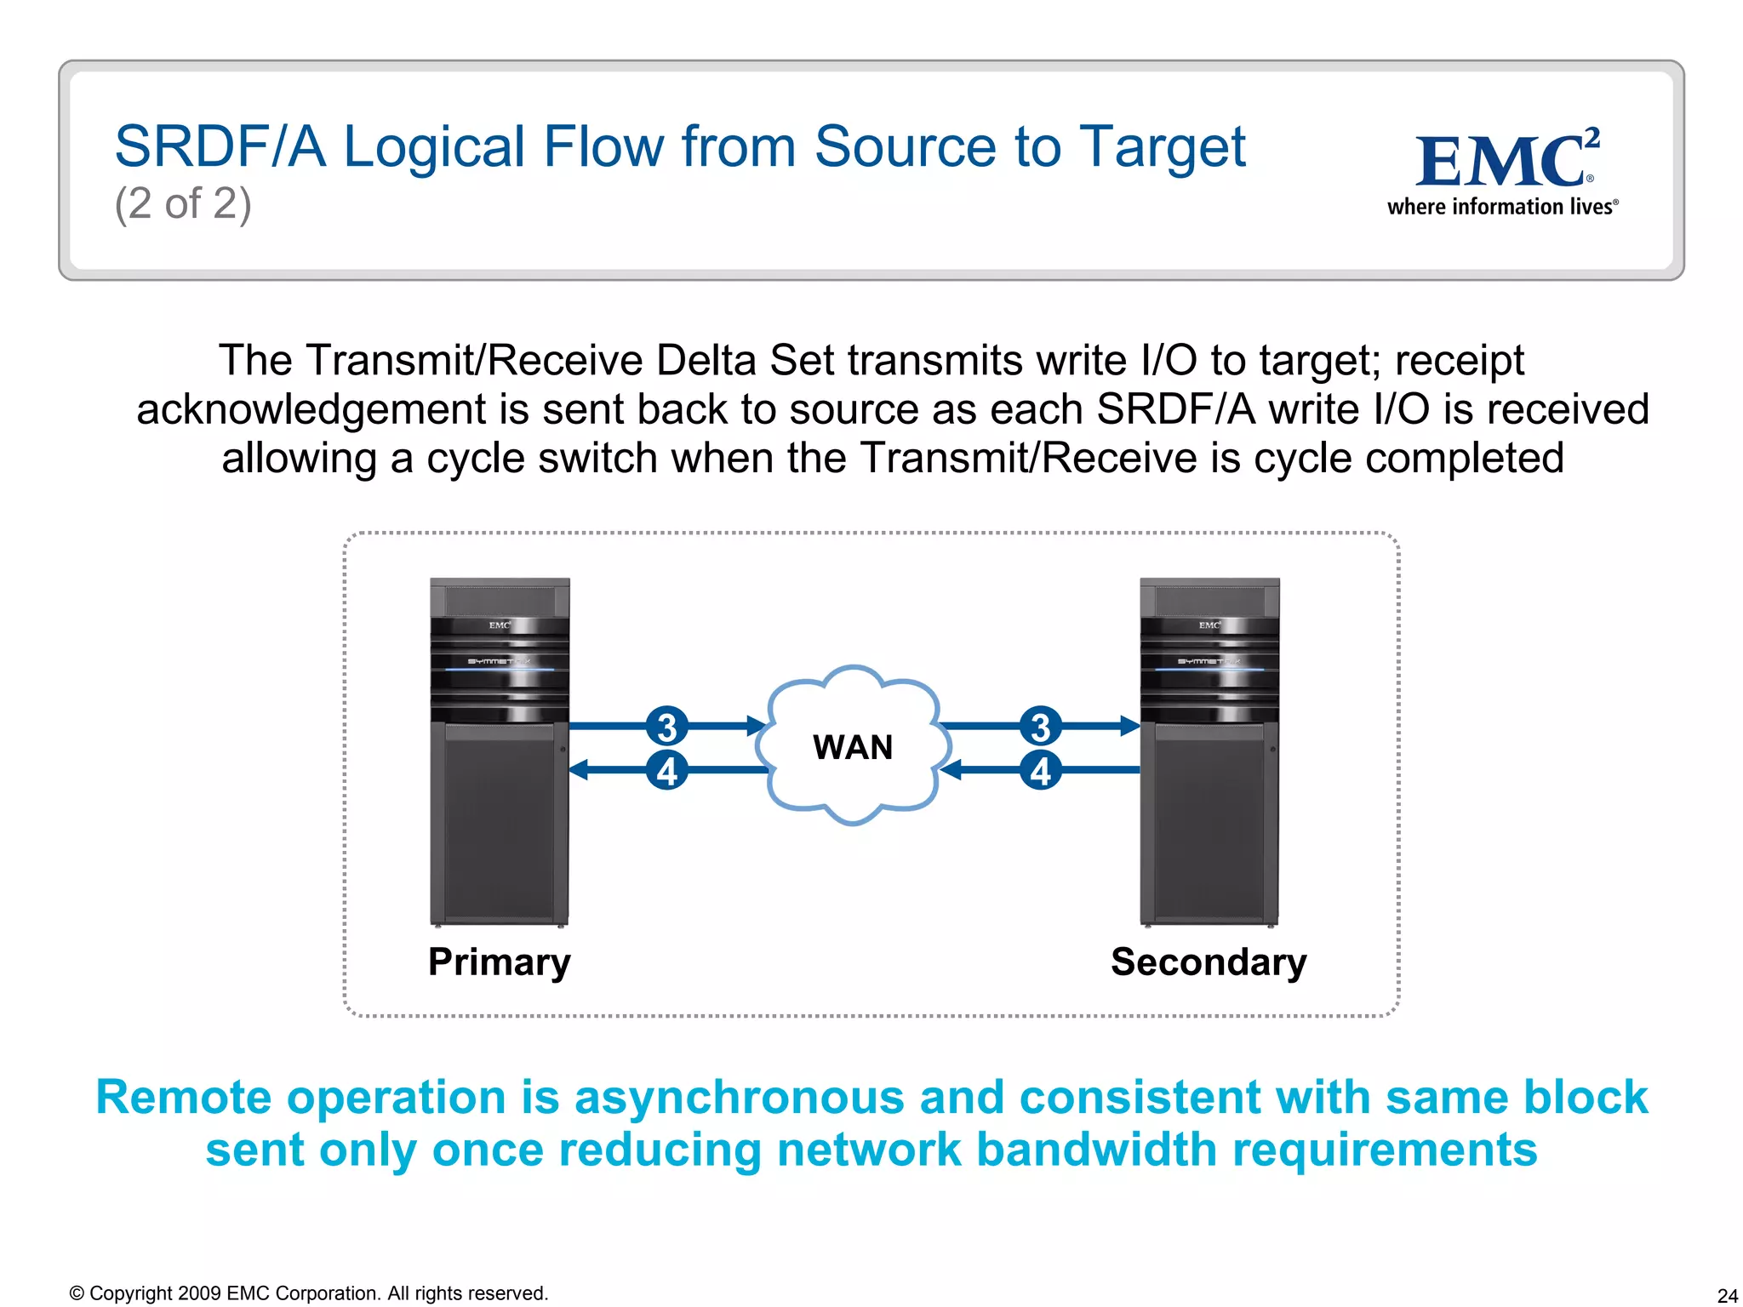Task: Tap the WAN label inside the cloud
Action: [x=853, y=747]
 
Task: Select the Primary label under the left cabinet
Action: [x=500, y=962]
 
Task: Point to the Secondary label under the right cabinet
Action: [x=1209, y=962]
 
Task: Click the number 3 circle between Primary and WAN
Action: [x=666, y=727]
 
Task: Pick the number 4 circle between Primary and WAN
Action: [x=666, y=771]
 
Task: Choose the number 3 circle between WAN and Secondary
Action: [x=1040, y=727]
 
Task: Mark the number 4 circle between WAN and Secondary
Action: [x=1040, y=771]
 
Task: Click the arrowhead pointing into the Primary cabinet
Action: [x=579, y=770]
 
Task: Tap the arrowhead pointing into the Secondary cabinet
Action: [x=1129, y=726]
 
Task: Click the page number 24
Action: [x=1727, y=1295]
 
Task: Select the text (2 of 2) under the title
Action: [x=183, y=204]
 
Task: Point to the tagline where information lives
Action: [x=1501, y=207]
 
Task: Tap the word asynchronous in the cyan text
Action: [x=739, y=1097]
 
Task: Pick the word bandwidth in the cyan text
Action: [x=1096, y=1150]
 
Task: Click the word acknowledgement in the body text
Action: [x=311, y=409]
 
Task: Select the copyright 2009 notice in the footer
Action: [x=308, y=1293]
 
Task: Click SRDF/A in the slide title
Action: [x=220, y=146]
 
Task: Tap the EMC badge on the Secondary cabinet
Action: [x=1209, y=625]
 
